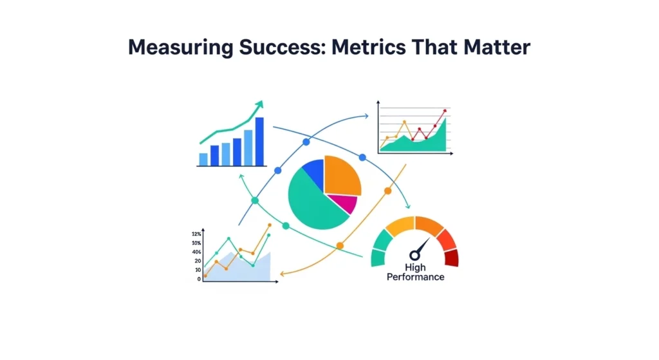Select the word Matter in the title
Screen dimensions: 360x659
click(x=496, y=48)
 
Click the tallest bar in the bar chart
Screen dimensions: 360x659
click(x=259, y=141)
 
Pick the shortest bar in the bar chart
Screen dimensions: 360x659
click(x=203, y=159)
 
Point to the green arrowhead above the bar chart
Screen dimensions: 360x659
click(x=259, y=105)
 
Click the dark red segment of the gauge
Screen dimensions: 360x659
click(x=451, y=258)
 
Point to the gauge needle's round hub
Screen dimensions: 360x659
click(x=414, y=256)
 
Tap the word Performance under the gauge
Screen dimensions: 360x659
click(x=415, y=277)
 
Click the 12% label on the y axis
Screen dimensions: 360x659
click(x=196, y=234)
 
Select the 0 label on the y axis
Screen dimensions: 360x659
click(x=198, y=279)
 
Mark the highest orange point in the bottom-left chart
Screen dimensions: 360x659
click(x=269, y=225)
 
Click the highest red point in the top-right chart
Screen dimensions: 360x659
click(x=444, y=111)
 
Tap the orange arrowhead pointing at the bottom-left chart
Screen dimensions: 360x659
click(x=283, y=274)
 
